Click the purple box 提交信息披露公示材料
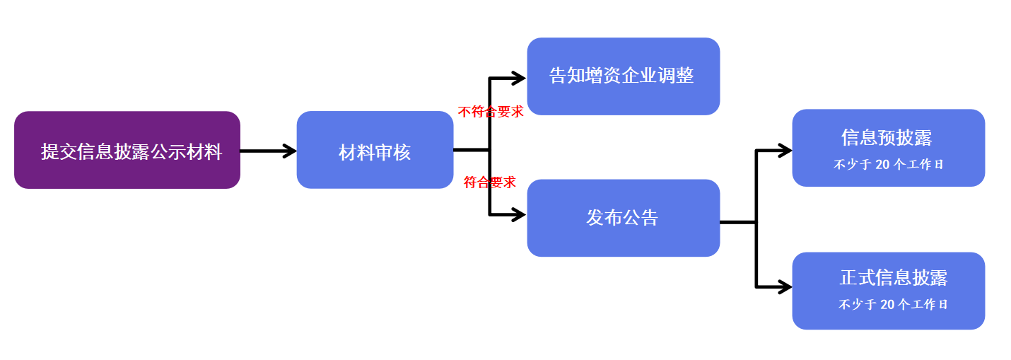(127, 150)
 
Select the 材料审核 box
(375, 150)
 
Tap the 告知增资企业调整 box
(623, 76)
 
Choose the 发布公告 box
(623, 218)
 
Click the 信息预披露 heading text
(887, 137)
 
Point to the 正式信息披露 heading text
(893, 278)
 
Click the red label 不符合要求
(491, 112)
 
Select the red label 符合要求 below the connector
(490, 182)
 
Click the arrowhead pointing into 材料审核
(290, 151)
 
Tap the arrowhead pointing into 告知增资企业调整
(519, 77)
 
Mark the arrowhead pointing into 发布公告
(519, 215)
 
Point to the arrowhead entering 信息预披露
(784, 150)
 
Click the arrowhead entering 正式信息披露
(784, 287)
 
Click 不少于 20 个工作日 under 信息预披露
(889, 165)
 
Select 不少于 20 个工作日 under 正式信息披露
(893, 305)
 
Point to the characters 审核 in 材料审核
(392, 152)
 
